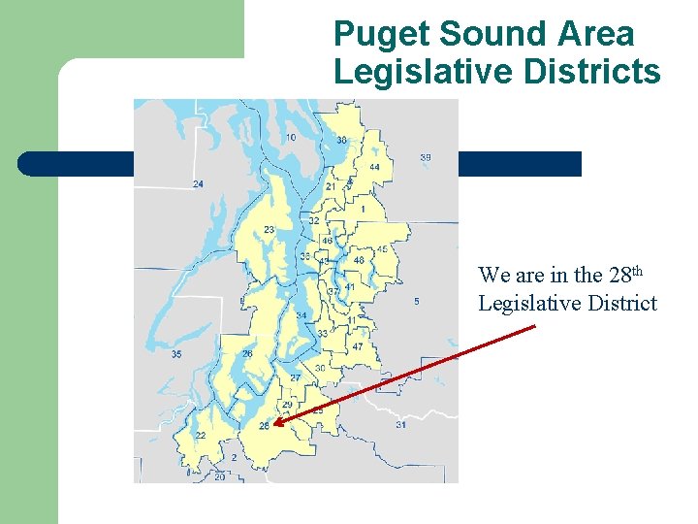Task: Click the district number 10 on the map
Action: coord(291,138)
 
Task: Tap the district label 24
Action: coord(198,183)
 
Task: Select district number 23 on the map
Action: coord(269,230)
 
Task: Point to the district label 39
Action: coord(426,157)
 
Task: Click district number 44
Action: coord(374,168)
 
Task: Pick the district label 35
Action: coord(175,354)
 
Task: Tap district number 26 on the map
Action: coord(248,354)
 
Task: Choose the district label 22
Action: coord(200,436)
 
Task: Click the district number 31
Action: coord(400,425)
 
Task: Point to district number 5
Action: coord(417,302)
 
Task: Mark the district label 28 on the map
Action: coord(264,426)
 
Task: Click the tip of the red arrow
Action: coord(274,424)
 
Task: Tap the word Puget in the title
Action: coord(381,34)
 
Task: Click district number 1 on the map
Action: coord(363,209)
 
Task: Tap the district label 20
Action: coord(219,476)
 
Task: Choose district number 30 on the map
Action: coord(320,369)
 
